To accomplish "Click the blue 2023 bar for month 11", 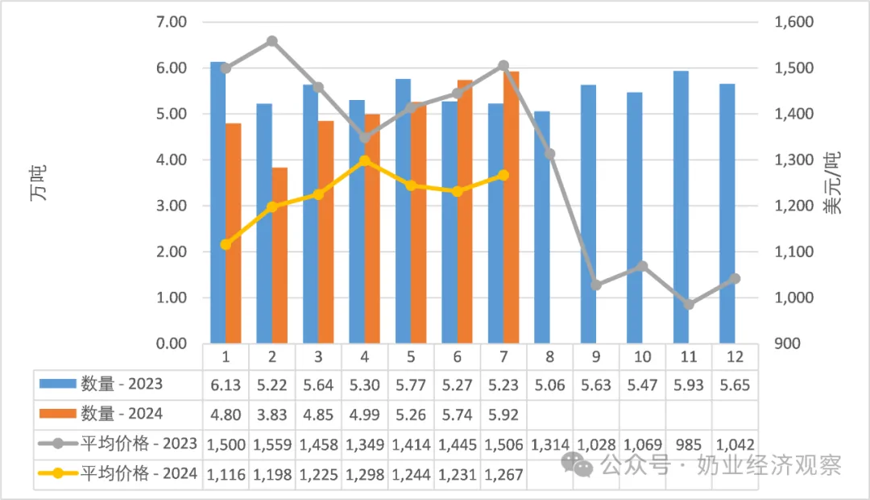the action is coord(681,207).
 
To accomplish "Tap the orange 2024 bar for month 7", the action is coord(511,207).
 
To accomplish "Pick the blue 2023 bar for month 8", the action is coord(542,227).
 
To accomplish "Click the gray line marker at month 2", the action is coord(272,41).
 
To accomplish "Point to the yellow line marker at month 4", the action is coord(365,161).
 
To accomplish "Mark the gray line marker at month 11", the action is coord(689,305).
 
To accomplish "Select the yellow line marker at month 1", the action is coord(226,244).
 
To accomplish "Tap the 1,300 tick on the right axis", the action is coord(794,160).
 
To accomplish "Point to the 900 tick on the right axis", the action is coord(787,344).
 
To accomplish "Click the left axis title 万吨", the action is coord(38,182).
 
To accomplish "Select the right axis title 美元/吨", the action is coord(831,182).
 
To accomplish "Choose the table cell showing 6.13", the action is coord(226,385).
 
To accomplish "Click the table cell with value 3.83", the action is coord(272,415).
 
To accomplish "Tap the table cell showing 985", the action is coord(689,445).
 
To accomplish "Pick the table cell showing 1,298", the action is coord(365,475).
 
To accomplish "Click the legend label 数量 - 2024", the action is coord(122,414).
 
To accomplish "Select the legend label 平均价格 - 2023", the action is coord(139,444).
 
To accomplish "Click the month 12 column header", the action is coord(735,356).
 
